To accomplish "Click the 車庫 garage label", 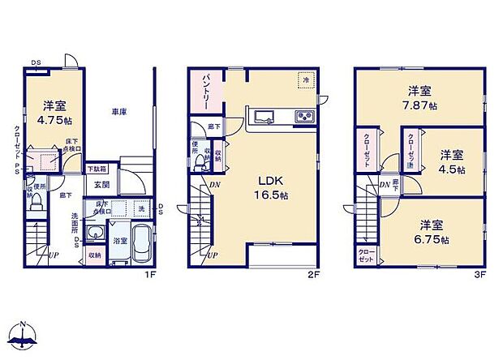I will pos(118,112).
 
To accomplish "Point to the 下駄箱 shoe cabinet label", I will pos(97,170).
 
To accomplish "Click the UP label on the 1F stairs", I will pos(54,255).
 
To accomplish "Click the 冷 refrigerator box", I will pos(307,81).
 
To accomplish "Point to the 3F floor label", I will pos(479,275).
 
